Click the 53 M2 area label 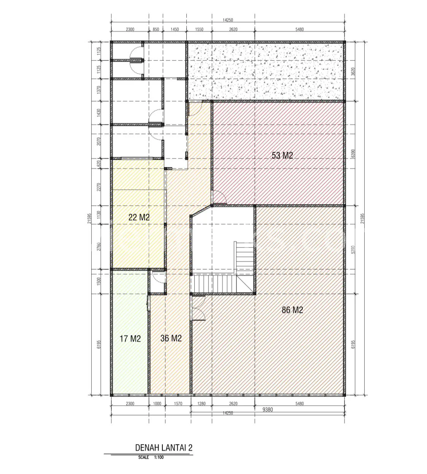pos(282,155)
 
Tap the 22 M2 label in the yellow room pos(139,217)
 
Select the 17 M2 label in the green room pos(130,339)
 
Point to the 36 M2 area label pos(171,338)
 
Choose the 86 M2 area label pos(292,310)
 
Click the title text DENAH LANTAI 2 pos(164,447)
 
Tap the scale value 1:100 pos(159,457)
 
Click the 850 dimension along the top pos(156,30)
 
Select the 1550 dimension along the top pos(199,30)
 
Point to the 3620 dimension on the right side pos(353,71)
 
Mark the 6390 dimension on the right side pos(353,154)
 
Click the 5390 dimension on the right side pos(353,250)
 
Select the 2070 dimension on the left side pos(99,141)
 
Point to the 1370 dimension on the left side pos(99,90)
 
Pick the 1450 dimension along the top pos(175,30)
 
